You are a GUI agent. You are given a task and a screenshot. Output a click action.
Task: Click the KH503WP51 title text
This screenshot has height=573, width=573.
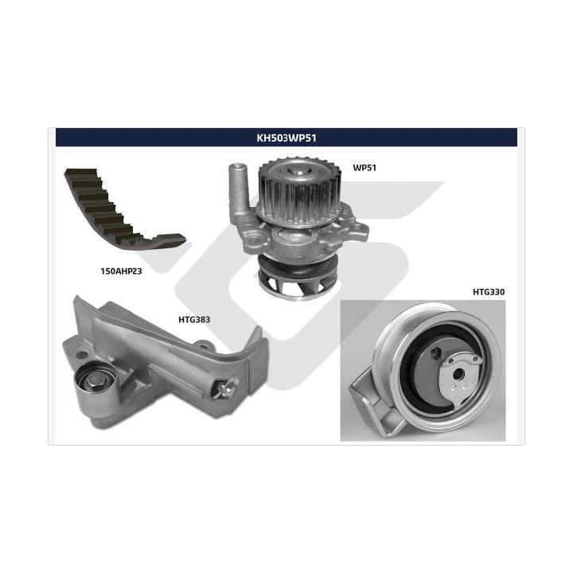coord(286,138)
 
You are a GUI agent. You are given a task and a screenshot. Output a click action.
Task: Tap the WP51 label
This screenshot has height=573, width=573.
coord(364,168)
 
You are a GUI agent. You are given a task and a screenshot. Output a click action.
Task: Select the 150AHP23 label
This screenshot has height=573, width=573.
coord(121,271)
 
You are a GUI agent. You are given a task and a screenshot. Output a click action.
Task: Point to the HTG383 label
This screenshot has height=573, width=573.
coord(194,320)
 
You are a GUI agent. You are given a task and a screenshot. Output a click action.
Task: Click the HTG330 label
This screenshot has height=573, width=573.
coord(489,292)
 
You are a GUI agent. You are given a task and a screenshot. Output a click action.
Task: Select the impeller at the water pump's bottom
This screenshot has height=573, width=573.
coord(298,278)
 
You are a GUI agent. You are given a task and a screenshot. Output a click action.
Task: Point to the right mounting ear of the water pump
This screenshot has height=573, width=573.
coord(360,230)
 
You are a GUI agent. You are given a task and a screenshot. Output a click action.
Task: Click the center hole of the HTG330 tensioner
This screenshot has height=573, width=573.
coord(457,374)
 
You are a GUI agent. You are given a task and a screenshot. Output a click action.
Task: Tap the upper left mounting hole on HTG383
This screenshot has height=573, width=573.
coord(84,355)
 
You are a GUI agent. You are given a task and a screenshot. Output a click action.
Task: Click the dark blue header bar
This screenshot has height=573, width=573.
coord(286,138)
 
